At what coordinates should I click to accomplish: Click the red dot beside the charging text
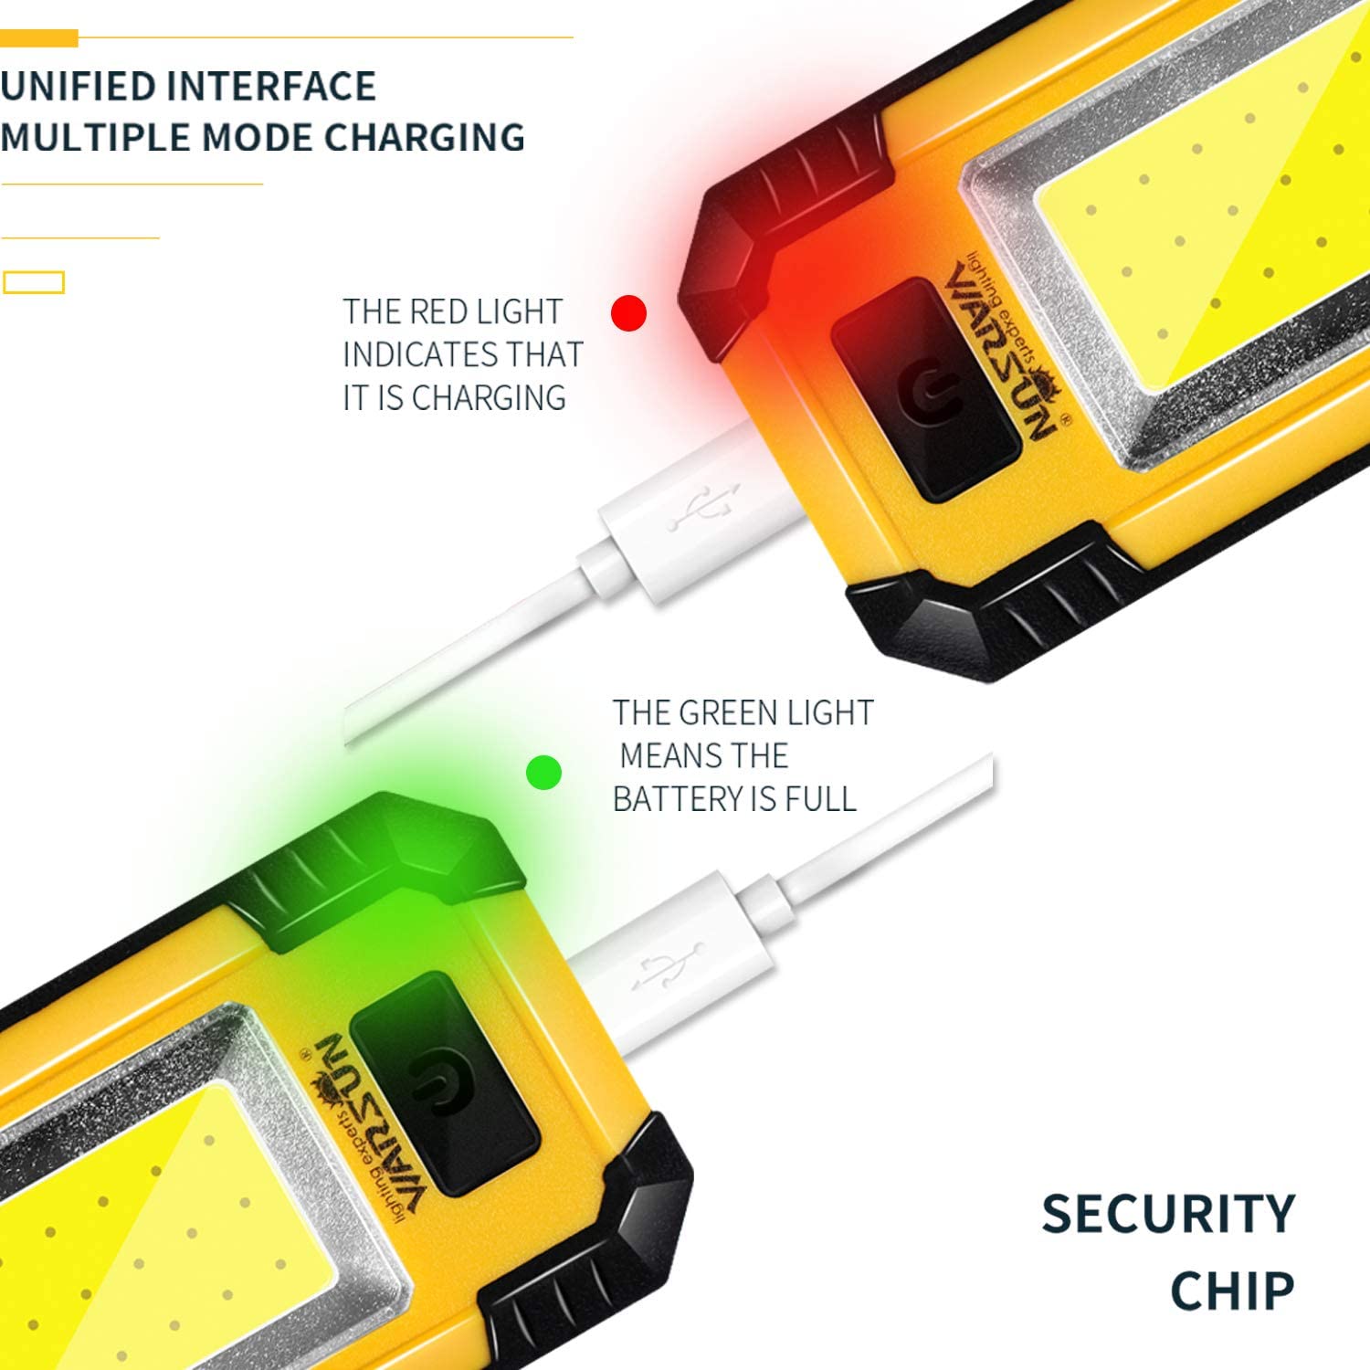[628, 313]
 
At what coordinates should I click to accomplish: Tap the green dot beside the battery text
[544, 774]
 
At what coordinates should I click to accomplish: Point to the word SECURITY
[1168, 1214]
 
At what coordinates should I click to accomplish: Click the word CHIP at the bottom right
[1232, 1291]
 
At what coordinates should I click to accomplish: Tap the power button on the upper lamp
[925, 390]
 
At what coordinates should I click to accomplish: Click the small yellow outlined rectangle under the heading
[34, 282]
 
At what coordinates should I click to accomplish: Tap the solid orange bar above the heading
[39, 38]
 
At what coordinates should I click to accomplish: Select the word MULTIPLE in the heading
[94, 137]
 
